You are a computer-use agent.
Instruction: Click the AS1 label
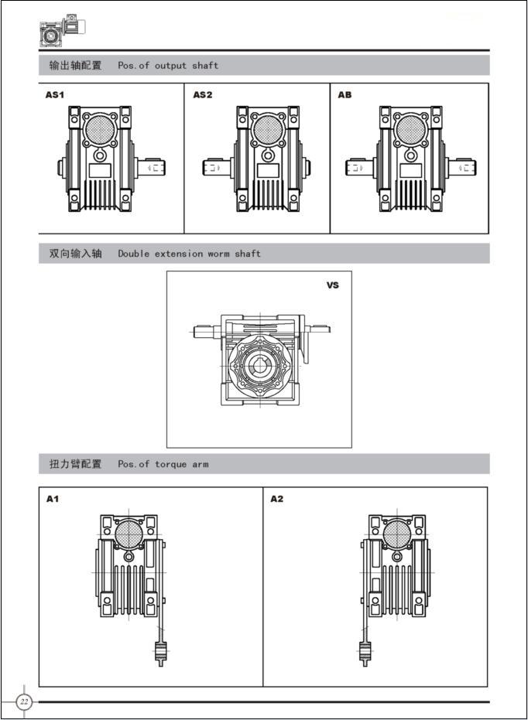tap(55, 95)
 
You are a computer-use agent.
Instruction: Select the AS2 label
tap(203, 95)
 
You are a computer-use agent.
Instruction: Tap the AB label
tap(345, 95)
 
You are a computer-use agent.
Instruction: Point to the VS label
tap(333, 285)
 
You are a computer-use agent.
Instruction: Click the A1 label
tap(53, 499)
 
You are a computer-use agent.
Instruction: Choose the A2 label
tap(276, 499)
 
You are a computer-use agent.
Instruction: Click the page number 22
tap(24, 701)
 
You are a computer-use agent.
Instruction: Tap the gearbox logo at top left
tap(63, 31)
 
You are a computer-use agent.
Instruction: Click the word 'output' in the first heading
tap(170, 66)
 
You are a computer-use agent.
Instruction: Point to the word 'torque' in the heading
tap(170, 464)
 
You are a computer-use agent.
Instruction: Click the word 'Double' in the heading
tap(134, 254)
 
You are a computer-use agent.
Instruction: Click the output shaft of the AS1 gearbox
tap(151, 167)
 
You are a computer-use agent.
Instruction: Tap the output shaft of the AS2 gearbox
tap(217, 167)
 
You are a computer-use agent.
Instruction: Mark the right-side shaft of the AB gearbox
tap(462, 167)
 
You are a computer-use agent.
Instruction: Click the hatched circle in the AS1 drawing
tap(100, 129)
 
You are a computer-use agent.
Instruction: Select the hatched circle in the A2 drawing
tap(397, 534)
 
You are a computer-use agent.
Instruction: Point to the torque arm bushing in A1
tap(160, 652)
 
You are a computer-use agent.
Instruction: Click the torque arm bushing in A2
tap(365, 652)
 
